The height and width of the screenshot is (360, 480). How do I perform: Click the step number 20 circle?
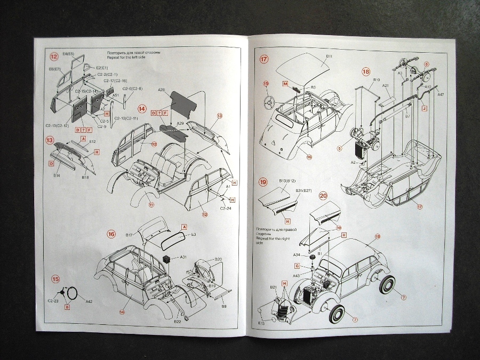[323, 196]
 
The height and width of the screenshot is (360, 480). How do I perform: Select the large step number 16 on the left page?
[111, 233]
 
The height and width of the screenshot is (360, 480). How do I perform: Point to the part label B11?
[329, 56]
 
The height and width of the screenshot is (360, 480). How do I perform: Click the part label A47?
[440, 94]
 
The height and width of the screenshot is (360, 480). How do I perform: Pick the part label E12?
[92, 142]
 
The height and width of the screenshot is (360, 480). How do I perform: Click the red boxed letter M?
[285, 84]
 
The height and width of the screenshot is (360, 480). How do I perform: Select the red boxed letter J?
[425, 107]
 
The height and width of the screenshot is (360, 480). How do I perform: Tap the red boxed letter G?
[297, 266]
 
